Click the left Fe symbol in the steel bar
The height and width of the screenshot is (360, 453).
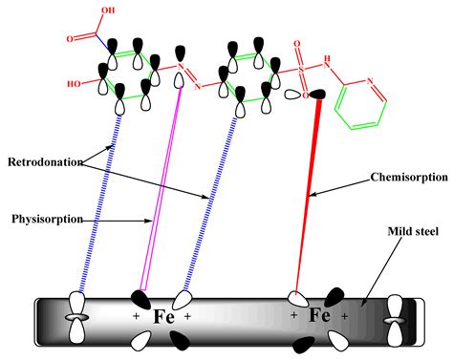(x=163, y=316)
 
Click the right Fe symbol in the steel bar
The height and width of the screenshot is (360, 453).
(x=318, y=314)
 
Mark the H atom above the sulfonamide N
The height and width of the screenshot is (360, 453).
(x=331, y=53)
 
